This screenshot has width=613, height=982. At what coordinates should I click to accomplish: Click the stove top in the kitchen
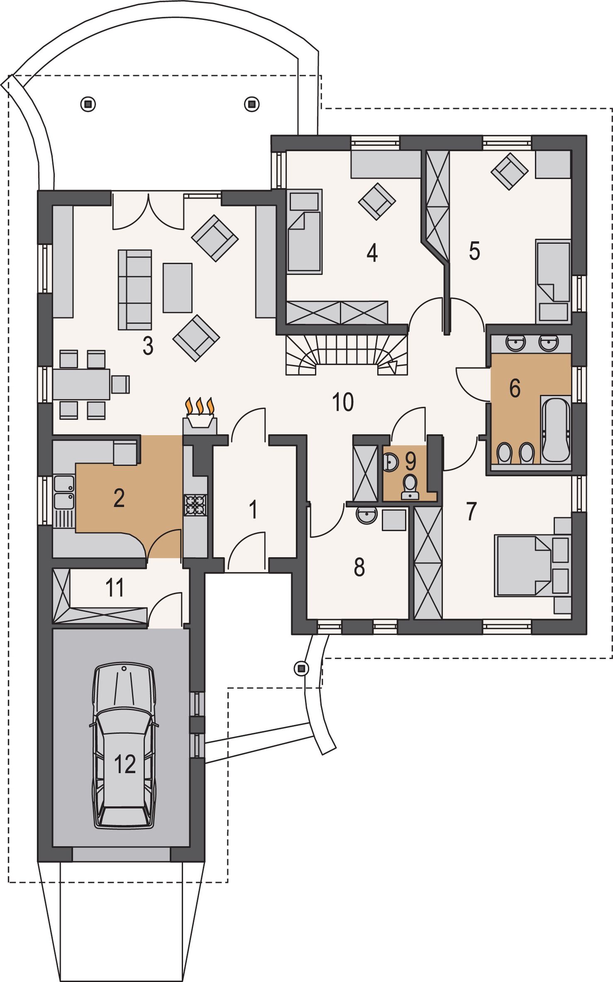tap(195, 505)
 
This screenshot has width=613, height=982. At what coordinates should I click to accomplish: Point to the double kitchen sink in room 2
tap(64, 492)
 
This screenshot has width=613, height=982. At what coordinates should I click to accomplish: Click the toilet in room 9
tap(410, 487)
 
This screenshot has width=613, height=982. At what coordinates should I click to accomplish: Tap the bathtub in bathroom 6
tap(555, 430)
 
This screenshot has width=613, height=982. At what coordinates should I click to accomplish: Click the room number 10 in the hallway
tap(343, 402)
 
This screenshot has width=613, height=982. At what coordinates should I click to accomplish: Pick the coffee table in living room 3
tap(177, 287)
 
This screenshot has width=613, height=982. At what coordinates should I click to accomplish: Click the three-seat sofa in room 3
tap(134, 289)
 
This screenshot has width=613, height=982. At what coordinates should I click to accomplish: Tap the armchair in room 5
tap(509, 171)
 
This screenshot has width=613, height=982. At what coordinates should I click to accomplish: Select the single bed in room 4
tap(304, 231)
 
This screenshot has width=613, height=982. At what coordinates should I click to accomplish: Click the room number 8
tap(359, 567)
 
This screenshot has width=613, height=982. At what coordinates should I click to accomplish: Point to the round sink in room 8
tap(366, 515)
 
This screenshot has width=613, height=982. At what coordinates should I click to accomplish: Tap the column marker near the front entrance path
tap(302, 668)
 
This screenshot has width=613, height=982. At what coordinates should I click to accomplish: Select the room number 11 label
tap(115, 588)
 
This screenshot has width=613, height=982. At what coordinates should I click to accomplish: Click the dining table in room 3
tap(81, 384)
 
